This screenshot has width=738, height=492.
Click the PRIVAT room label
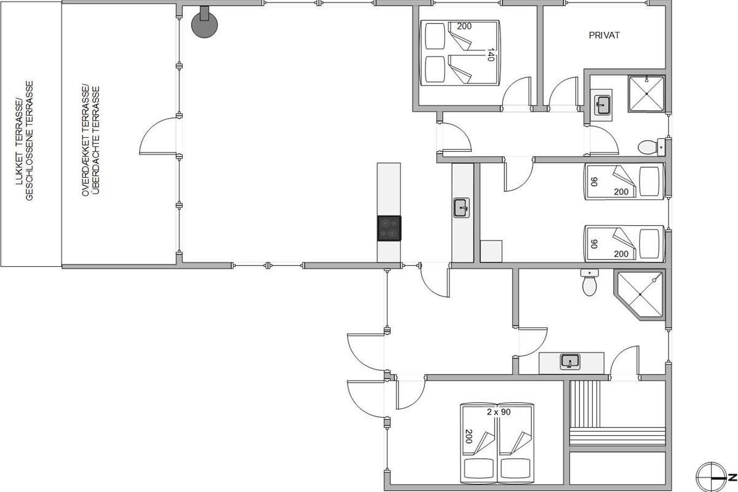604,35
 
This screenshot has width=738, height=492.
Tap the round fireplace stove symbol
204,24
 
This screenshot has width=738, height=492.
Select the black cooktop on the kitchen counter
389,228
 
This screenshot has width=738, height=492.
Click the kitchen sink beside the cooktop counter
461,208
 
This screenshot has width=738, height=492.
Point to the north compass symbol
712,477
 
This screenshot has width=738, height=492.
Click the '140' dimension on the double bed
490,55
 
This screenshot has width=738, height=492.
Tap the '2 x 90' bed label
499,412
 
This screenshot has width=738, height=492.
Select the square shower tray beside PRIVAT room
646,94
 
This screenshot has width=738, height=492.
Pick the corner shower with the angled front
639,294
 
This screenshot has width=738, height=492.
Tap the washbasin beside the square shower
602,105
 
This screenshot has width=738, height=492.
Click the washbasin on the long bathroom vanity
570,362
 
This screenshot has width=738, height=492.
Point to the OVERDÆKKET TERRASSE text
90,140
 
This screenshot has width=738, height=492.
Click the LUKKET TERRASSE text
24,141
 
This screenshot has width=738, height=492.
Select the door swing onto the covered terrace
159,136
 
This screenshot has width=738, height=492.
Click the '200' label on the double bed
464,26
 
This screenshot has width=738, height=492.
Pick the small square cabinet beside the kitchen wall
491,251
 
